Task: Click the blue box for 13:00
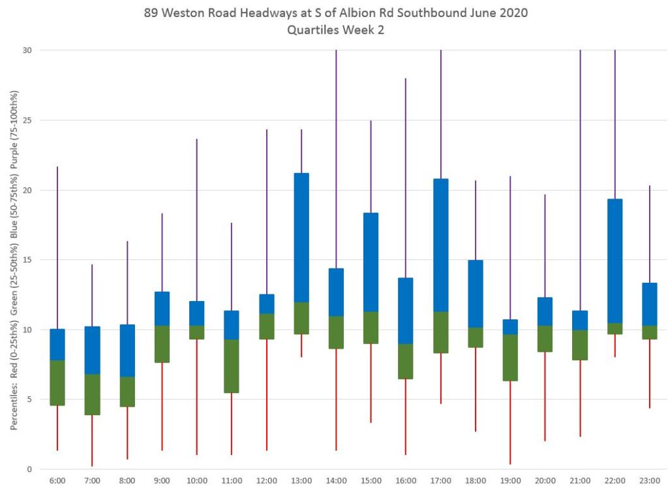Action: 301,238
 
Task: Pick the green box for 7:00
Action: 92,394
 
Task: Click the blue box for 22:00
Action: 615,261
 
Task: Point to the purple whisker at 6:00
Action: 57,247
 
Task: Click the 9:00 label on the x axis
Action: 162,481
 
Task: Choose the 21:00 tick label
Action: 580,481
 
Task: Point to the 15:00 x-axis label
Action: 371,481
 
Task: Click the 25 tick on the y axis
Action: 29,120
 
